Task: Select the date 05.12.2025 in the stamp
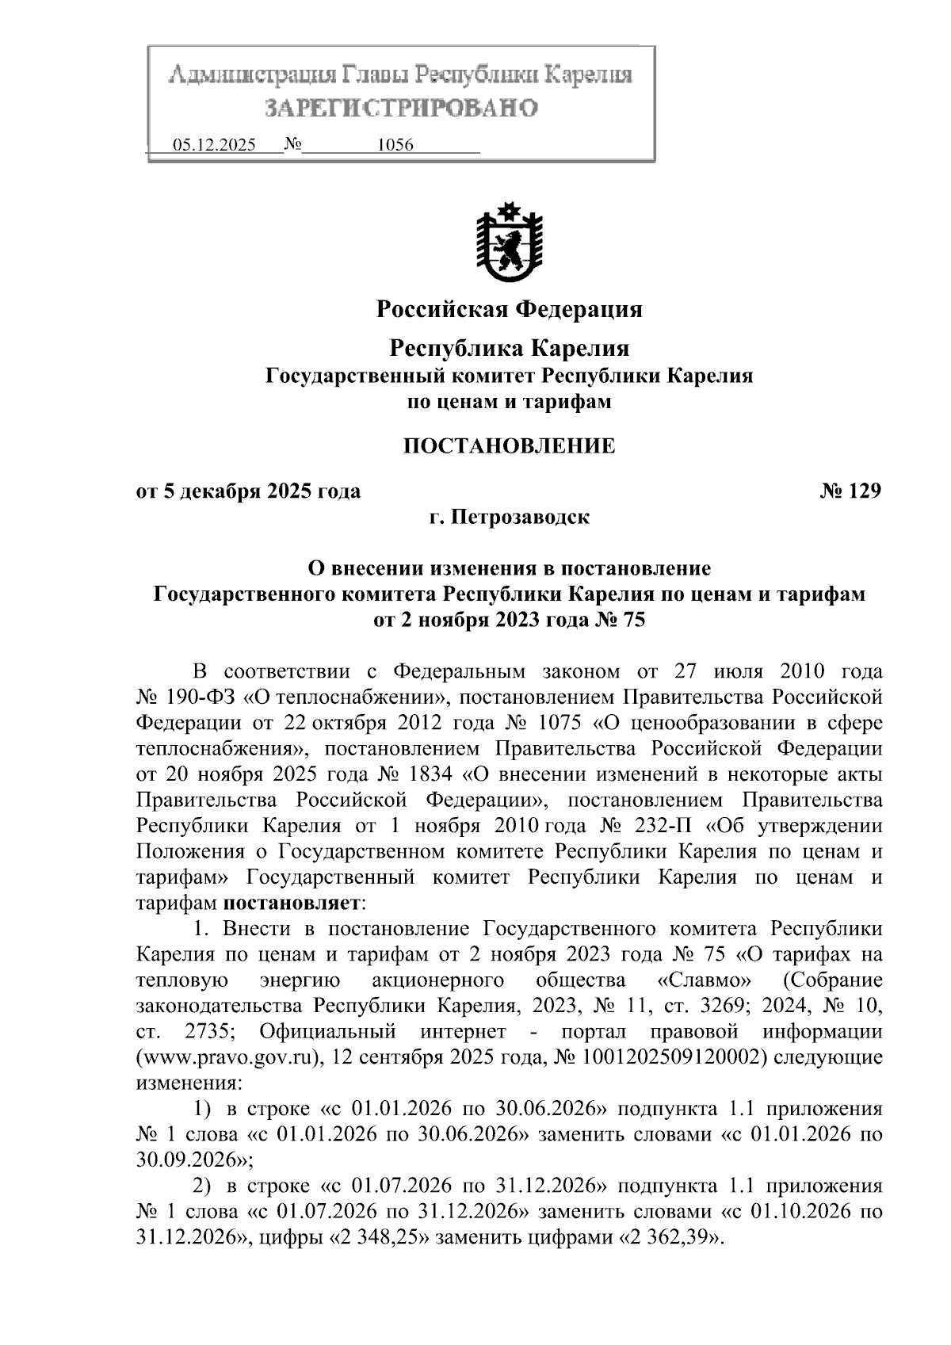[213, 146]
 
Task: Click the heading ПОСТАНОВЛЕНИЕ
[509, 446]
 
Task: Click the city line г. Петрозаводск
[509, 518]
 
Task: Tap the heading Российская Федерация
[509, 309]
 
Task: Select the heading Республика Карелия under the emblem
[509, 348]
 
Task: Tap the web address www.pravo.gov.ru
[229, 1057]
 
